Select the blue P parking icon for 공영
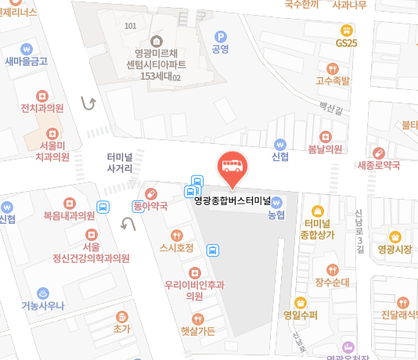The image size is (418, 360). (220, 36)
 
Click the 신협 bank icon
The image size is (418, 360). (279, 143)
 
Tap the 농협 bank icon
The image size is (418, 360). (276, 200)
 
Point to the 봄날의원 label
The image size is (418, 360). (325, 149)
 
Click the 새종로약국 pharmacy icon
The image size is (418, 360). (379, 152)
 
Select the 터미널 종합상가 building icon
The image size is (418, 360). (318, 211)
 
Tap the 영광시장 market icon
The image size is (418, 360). (395, 236)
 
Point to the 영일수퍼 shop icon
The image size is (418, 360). (301, 303)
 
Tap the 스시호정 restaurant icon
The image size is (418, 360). (176, 234)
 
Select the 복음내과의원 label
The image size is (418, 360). (69, 215)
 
